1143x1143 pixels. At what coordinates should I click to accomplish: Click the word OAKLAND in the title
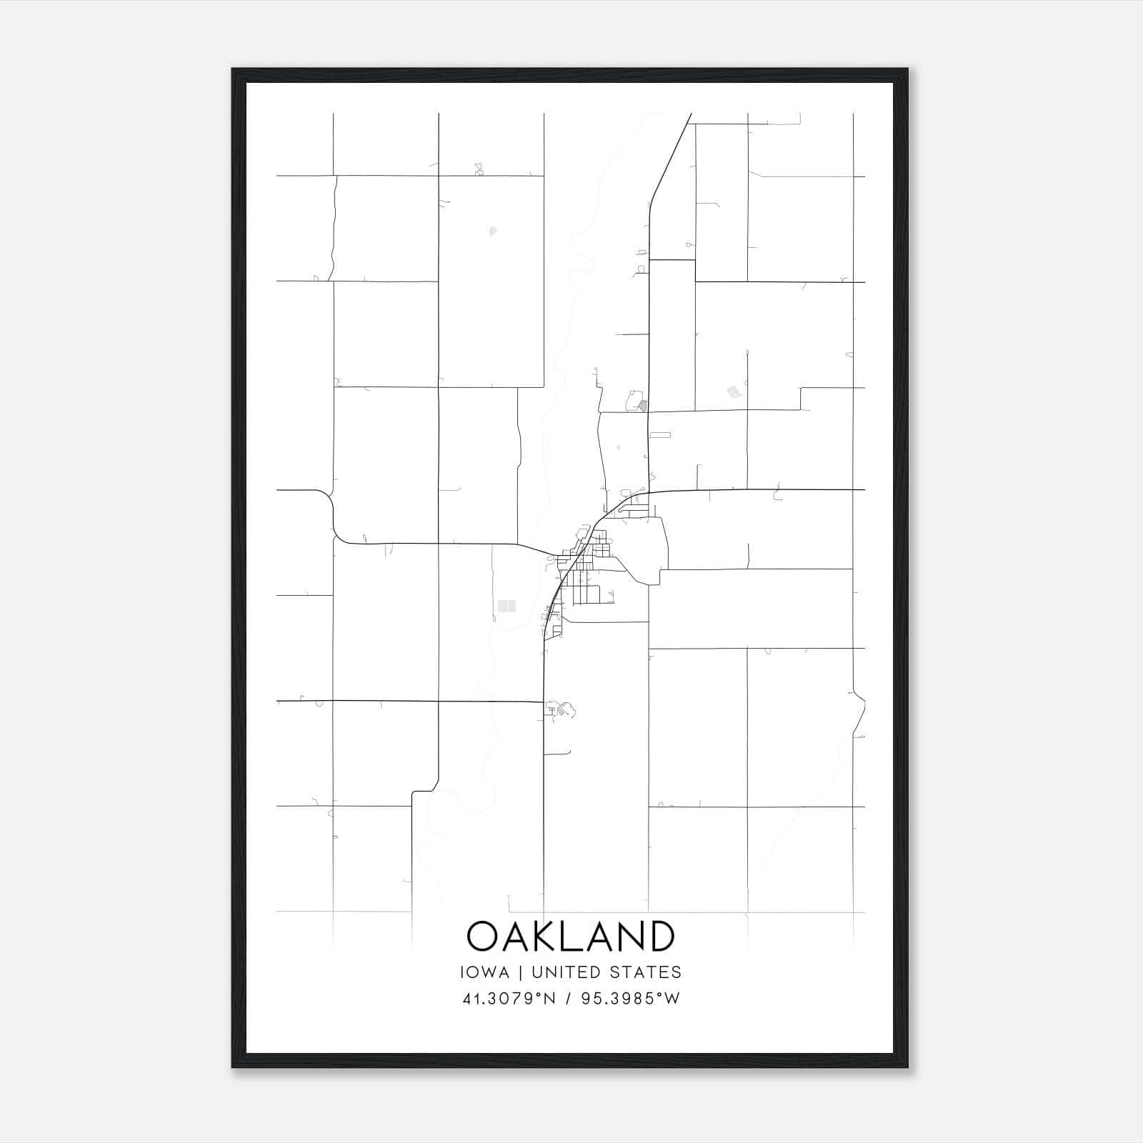570,936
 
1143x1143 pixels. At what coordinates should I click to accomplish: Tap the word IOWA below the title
485,972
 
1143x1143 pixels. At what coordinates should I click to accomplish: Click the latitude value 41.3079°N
509,999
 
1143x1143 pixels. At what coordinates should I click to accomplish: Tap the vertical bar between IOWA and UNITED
521,972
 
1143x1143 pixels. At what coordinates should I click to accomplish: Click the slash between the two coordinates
569,999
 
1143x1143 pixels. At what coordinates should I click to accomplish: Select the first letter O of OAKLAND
482,936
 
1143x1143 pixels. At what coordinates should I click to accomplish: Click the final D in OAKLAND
661,936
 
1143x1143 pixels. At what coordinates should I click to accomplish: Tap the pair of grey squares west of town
506,606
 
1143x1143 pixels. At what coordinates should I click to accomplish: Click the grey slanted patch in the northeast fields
733,391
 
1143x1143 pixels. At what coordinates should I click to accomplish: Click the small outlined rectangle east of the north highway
661,434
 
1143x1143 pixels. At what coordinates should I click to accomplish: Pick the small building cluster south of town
561,709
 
